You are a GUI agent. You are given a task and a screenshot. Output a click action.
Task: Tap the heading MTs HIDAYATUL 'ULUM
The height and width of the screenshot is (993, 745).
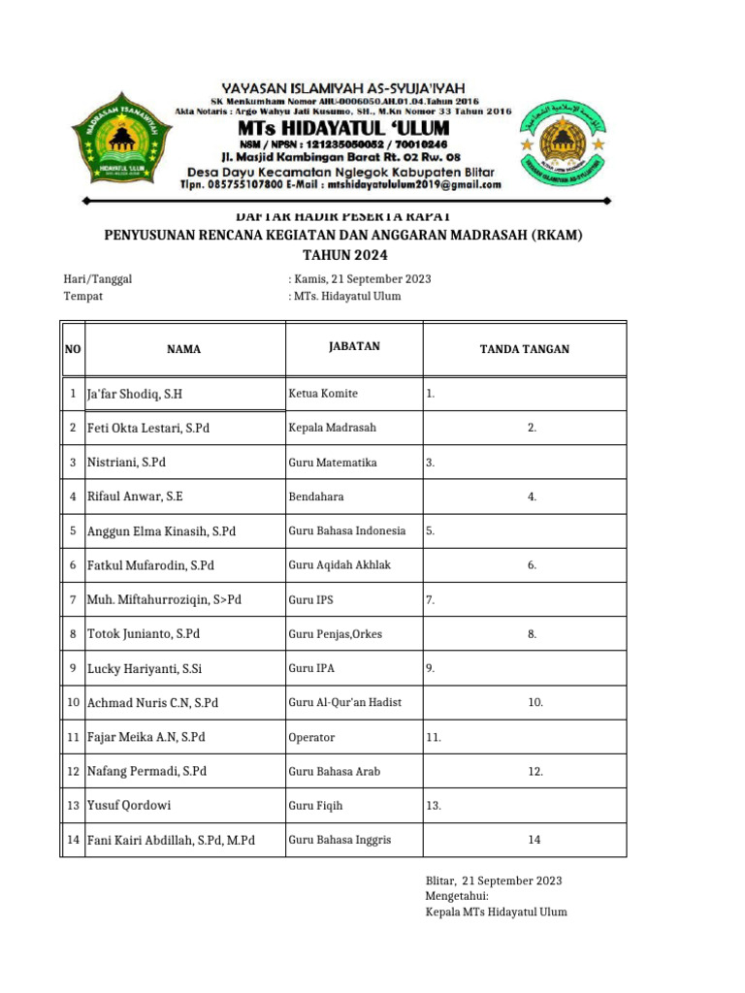point(344,129)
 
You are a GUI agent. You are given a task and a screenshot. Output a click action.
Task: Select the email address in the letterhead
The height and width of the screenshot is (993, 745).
point(414,184)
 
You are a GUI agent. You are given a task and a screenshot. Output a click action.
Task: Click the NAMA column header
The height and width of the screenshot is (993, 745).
point(183,349)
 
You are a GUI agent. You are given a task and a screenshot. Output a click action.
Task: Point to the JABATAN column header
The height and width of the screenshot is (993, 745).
point(353,346)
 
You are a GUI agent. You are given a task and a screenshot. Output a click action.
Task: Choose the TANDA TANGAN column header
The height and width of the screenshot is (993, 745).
point(525,349)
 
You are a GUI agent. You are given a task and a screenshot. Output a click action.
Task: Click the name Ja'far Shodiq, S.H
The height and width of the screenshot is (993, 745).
point(135,394)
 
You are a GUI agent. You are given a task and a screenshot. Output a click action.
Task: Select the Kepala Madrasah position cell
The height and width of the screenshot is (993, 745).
point(332,428)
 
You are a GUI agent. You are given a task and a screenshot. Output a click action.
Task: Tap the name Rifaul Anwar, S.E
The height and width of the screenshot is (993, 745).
point(135,496)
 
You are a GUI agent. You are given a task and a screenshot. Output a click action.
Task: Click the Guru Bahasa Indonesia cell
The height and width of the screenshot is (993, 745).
point(346,531)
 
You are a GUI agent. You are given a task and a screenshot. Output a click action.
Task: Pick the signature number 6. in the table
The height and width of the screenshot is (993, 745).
point(532,565)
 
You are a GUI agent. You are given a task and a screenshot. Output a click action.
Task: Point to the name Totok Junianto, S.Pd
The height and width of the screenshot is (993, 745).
point(144,634)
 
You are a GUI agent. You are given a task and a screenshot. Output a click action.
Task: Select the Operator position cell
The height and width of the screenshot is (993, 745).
point(311,737)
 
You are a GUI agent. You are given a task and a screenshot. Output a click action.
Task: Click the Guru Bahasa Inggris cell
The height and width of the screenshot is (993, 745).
point(340,840)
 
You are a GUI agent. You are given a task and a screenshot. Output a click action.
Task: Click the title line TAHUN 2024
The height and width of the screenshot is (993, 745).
point(344,255)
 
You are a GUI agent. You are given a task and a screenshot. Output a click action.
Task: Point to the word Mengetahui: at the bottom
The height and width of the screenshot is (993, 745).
point(457,897)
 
